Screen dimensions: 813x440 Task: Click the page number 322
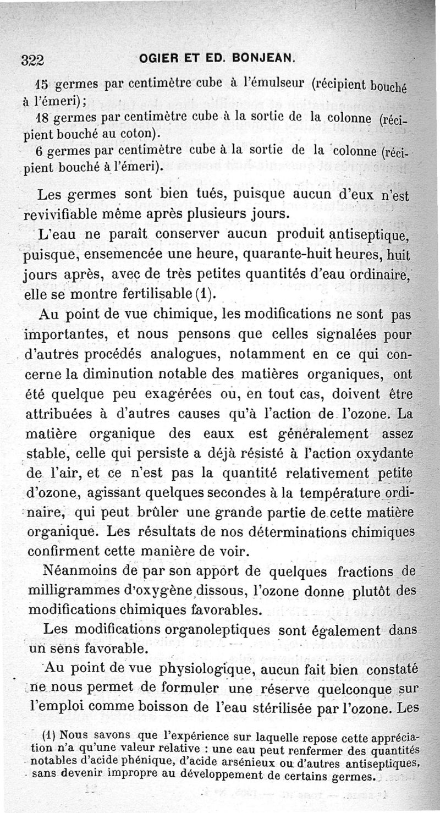pos(33,59)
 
